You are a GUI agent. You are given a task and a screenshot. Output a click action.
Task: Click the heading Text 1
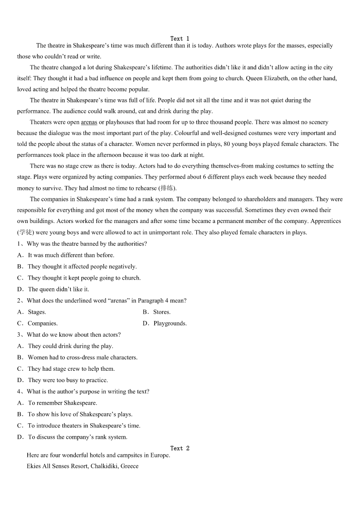click(x=180, y=39)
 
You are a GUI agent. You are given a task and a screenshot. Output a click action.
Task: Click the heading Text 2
click(x=180, y=448)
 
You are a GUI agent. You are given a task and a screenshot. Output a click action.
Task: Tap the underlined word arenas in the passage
click(x=89, y=122)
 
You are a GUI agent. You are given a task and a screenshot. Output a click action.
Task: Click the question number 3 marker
click(x=20, y=334)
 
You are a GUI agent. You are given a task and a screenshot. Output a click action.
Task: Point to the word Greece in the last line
click(x=130, y=466)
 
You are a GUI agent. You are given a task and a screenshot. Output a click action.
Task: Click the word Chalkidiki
click(x=102, y=466)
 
